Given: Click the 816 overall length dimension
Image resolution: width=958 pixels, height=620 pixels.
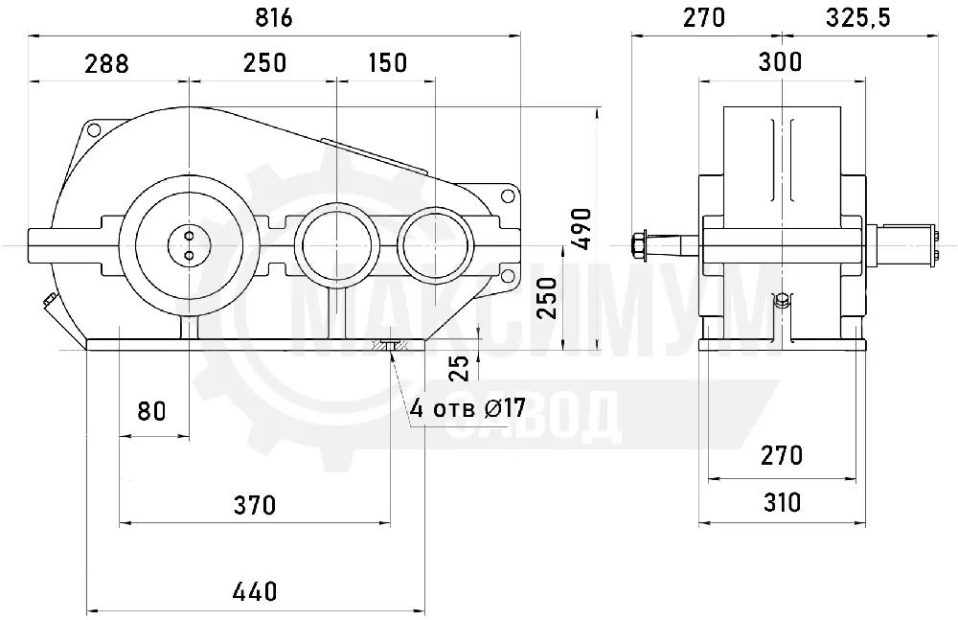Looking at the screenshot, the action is [x=274, y=18].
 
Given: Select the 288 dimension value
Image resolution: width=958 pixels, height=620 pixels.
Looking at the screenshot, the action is [x=106, y=63].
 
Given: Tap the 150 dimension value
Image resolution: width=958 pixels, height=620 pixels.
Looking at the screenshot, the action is [x=387, y=62].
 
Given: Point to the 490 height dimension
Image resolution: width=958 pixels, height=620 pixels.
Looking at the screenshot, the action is [x=582, y=229].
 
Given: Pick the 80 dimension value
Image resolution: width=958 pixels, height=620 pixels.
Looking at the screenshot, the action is [x=151, y=411].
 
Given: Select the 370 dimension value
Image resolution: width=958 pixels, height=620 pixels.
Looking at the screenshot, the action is [x=255, y=505].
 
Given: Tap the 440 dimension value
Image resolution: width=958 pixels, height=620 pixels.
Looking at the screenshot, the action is [x=256, y=591].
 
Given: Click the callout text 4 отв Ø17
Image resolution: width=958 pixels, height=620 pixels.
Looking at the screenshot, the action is [x=468, y=408].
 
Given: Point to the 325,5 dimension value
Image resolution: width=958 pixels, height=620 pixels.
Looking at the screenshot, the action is [x=857, y=18].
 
